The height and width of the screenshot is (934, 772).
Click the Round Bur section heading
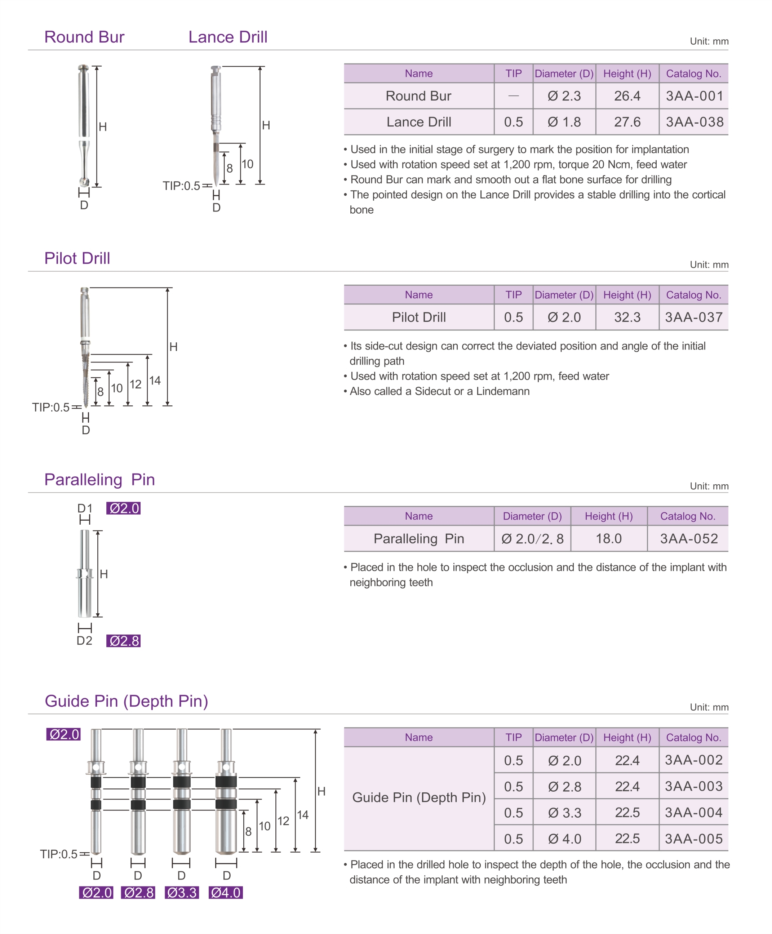[x=84, y=37]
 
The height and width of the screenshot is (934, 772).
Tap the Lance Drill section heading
[x=228, y=37]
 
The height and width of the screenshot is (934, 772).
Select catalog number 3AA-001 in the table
[x=694, y=96]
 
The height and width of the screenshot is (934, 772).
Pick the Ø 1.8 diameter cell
[x=564, y=122]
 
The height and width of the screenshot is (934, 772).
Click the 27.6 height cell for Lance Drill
[x=627, y=122]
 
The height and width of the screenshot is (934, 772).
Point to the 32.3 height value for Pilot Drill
[x=627, y=317]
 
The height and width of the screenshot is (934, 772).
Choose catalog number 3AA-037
[x=694, y=317]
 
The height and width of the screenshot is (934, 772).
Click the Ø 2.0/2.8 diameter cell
[x=532, y=539]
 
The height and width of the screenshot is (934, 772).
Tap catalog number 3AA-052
[x=689, y=539]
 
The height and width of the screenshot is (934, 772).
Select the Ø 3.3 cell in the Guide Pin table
[x=564, y=813]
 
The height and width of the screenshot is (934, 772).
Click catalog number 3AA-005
[x=694, y=839]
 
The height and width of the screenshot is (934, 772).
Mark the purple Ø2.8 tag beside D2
[x=124, y=641]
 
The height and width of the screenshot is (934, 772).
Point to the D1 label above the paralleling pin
[x=84, y=508]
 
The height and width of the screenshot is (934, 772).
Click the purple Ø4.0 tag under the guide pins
[x=226, y=893]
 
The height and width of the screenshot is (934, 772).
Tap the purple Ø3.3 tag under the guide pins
[x=181, y=893]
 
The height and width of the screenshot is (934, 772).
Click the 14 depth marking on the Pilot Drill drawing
[x=155, y=381]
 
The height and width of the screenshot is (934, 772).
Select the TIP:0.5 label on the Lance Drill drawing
[x=181, y=186]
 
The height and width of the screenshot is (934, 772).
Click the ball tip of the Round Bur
[x=84, y=181]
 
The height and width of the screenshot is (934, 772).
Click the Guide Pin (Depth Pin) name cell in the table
[x=419, y=797]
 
